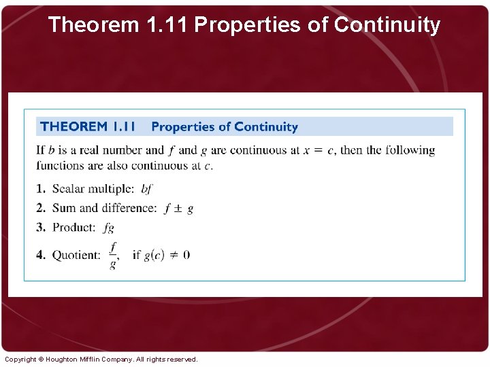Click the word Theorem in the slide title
94,25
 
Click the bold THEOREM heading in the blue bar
73,126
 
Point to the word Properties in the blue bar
182,126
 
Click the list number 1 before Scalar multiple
40,189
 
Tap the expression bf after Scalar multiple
146,189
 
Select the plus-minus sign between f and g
178,209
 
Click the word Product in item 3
74,227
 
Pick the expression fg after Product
109,228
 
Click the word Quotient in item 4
76,255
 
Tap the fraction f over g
113,255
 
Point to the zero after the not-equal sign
186,255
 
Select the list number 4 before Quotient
40,255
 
